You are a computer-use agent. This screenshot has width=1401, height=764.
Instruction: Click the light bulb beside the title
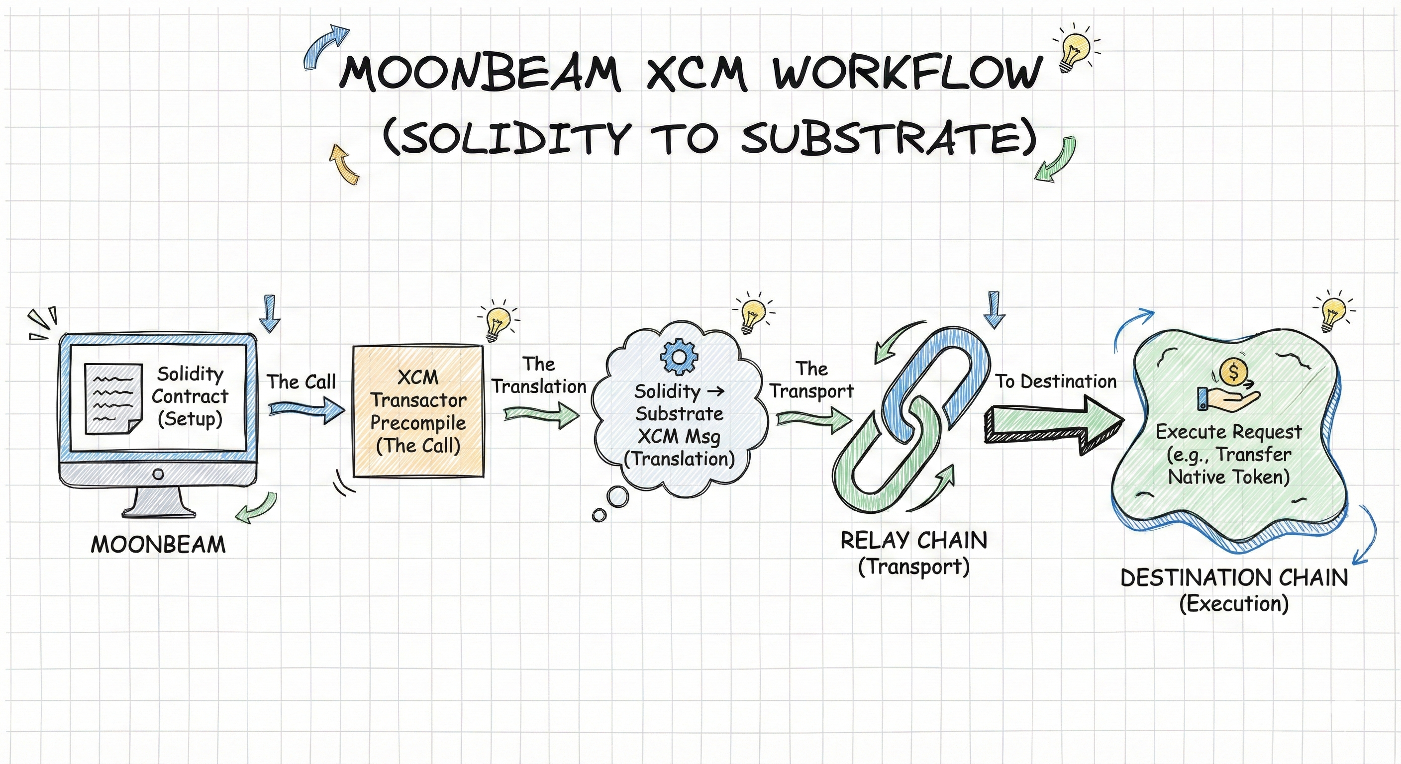(1076, 49)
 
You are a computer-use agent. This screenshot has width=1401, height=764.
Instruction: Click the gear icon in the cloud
(679, 357)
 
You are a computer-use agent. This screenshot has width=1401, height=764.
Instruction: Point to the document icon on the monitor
(113, 398)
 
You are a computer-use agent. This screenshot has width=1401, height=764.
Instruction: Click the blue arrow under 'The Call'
(307, 409)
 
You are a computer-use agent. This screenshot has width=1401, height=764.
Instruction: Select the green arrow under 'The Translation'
(542, 415)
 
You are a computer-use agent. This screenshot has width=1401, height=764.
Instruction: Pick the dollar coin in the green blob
(1233, 373)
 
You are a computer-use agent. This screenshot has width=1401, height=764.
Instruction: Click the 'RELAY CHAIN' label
(914, 541)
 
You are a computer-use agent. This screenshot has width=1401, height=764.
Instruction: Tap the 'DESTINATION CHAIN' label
(1234, 578)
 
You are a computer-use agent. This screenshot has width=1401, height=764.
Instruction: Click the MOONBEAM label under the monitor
(158, 544)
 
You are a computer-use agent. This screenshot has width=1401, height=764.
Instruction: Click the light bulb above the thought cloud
(753, 314)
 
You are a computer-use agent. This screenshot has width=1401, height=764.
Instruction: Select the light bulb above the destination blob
(1333, 314)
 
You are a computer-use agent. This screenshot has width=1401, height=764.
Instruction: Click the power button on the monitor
(158, 474)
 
